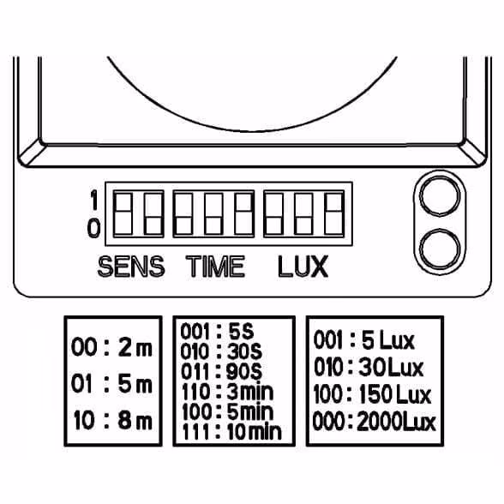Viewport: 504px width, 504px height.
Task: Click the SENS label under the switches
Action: [x=131, y=267]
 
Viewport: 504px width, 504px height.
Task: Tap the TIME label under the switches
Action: [x=216, y=267]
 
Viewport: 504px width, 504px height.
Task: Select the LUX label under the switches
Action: [x=303, y=267]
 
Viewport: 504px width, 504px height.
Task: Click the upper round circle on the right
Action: [x=440, y=195]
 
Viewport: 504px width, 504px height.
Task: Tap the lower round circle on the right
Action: [x=440, y=249]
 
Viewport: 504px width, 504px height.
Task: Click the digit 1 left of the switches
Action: [x=94, y=200]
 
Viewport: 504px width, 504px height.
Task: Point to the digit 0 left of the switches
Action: [x=93, y=228]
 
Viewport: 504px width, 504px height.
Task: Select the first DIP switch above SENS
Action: [x=123, y=213]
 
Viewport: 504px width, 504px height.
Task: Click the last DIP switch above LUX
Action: [x=334, y=213]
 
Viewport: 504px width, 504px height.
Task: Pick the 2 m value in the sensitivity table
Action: [x=135, y=347]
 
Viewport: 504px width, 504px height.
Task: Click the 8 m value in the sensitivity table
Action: [x=135, y=420]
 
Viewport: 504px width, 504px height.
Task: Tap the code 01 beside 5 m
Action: [x=81, y=384]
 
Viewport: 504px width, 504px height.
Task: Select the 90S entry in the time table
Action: [x=244, y=372]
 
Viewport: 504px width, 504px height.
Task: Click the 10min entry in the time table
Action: [x=255, y=432]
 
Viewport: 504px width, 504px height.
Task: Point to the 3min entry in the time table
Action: [x=250, y=392]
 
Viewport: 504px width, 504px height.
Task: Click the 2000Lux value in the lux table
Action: [x=396, y=422]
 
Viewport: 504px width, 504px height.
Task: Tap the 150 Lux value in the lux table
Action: [x=394, y=394]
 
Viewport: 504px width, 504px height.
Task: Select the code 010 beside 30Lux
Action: [x=328, y=368]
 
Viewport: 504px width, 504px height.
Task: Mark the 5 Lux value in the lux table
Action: [x=388, y=340]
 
